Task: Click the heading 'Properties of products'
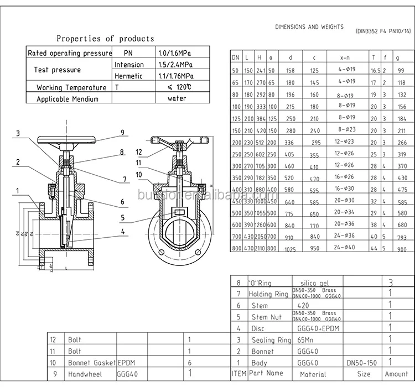coord(105,39)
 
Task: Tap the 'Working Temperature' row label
coord(71,87)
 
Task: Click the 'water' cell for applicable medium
coord(177,98)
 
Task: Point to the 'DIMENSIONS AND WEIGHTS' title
coord(309,27)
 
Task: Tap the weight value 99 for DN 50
coord(401,71)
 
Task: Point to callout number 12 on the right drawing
coord(139,151)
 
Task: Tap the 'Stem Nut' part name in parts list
coord(267,317)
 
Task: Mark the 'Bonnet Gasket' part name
coord(91,363)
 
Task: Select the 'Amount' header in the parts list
coord(396,374)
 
